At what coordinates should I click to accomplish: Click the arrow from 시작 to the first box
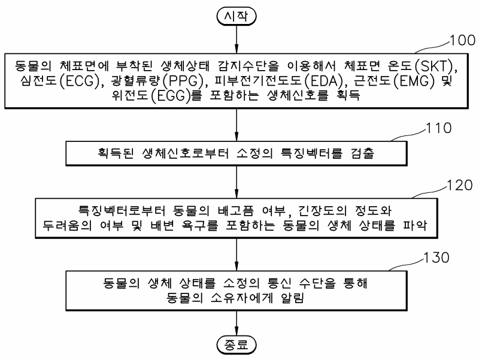coord(238,38)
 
